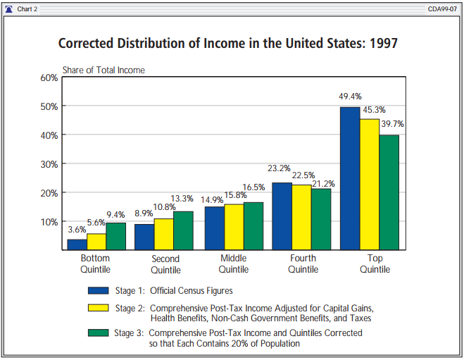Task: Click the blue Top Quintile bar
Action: point(350,178)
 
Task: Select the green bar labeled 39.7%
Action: point(389,192)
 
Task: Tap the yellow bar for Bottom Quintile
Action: point(96,242)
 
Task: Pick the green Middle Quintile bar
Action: point(253,226)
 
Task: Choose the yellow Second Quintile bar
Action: point(164,234)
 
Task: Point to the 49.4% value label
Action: point(350,97)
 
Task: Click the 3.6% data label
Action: point(77,229)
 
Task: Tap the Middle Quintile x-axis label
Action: point(234,263)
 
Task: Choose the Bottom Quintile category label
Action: point(96,263)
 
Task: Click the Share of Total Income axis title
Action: point(104,70)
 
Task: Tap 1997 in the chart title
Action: point(382,44)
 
